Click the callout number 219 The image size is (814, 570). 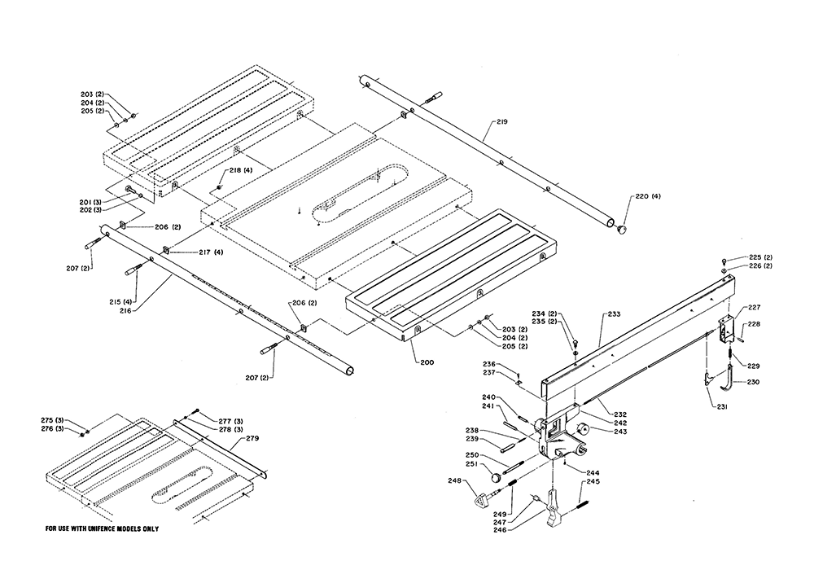(x=501, y=122)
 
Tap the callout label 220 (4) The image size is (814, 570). (x=648, y=197)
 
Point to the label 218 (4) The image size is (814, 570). (x=239, y=170)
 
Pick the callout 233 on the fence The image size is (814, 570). (x=614, y=314)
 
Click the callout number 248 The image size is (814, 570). (x=455, y=480)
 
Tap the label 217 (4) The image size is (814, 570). (x=211, y=252)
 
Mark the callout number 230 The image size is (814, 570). (x=753, y=382)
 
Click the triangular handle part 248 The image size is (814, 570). (x=484, y=499)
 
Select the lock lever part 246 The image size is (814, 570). (x=554, y=510)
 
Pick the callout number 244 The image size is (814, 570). (x=593, y=473)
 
